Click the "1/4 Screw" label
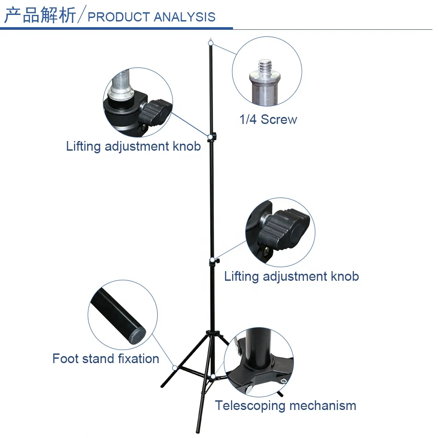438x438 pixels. pyautogui.click(x=268, y=120)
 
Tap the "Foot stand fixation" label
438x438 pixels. pyautogui.click(x=106, y=359)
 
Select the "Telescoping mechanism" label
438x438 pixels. pyautogui.click(x=285, y=406)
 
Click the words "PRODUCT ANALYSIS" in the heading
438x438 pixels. pyautogui.click(x=152, y=17)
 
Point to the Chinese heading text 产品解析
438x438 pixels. pyautogui.click(x=40, y=16)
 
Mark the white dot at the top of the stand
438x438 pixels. pyautogui.click(x=211, y=42)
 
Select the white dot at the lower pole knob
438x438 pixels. pyautogui.click(x=212, y=261)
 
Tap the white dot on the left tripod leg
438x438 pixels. pyautogui.click(x=175, y=368)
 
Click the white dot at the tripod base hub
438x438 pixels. pyautogui.click(x=212, y=376)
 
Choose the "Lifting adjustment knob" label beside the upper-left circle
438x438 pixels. pyautogui.click(x=133, y=146)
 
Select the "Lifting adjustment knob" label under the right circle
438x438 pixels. pyautogui.click(x=291, y=276)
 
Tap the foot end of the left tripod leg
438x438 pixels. pyautogui.click(x=162, y=386)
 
